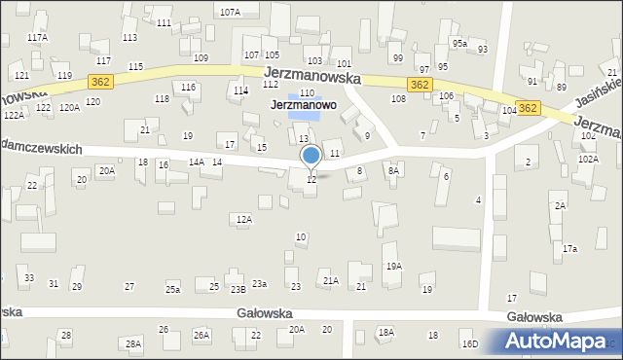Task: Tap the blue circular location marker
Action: (311, 155)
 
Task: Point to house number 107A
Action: (230, 13)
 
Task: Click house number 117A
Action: (37, 37)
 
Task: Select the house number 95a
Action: (459, 44)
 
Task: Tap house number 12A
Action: (244, 220)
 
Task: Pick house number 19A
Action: (393, 266)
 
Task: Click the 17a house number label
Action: (569, 249)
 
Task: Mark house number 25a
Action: (172, 290)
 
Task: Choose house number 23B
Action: (238, 290)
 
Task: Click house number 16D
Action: (470, 344)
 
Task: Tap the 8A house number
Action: (393, 170)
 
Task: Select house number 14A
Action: (196, 162)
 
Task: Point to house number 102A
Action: (587, 159)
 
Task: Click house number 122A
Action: (14, 115)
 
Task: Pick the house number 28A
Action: (133, 344)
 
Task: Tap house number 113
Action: (129, 37)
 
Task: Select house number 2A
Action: (560, 206)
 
